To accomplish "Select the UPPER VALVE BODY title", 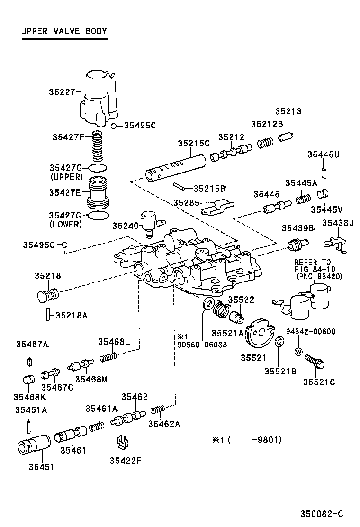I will pos(64,32).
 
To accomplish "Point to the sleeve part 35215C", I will pos(175,166).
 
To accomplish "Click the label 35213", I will pos(288,112).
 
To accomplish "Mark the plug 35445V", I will pos(322,194).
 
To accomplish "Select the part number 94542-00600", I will pos(310,331).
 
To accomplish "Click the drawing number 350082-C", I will pos(321,514).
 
